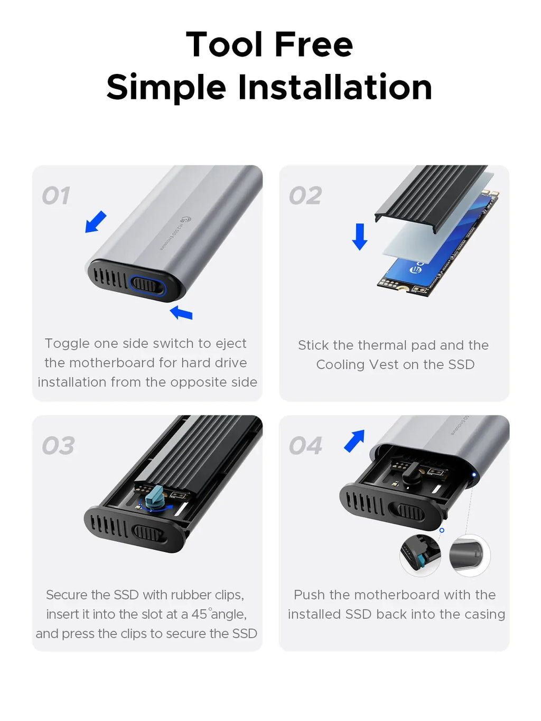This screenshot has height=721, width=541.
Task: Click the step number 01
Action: click(56, 196)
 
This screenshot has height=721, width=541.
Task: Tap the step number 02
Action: click(305, 196)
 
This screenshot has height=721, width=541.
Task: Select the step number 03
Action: click(58, 446)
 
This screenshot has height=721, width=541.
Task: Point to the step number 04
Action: click(305, 446)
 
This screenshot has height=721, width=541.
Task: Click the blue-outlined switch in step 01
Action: click(147, 286)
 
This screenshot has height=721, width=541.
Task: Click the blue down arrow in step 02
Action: click(360, 236)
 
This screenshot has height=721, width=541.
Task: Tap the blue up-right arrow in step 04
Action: click(355, 441)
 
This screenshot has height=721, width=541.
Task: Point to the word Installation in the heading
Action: click(335, 87)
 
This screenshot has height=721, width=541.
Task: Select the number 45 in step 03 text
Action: click(199, 614)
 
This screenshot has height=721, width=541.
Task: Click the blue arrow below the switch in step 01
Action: click(182, 313)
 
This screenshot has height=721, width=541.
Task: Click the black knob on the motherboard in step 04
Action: click(412, 474)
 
